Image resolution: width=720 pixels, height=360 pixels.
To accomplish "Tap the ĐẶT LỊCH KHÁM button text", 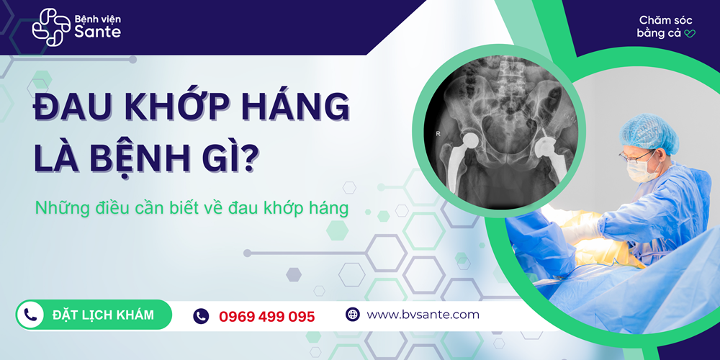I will coord(103,315).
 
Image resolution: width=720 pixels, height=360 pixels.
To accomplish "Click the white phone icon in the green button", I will coord(30,315).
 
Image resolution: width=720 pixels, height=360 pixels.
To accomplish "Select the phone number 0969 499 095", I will coord(266,316).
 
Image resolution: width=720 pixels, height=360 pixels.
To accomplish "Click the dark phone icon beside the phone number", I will coord(201,315).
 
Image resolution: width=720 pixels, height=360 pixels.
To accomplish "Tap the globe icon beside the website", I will coord(352,315).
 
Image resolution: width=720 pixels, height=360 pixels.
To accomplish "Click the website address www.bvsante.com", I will coord(423,315).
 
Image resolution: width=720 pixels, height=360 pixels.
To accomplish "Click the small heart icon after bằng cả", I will coord(689,33).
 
